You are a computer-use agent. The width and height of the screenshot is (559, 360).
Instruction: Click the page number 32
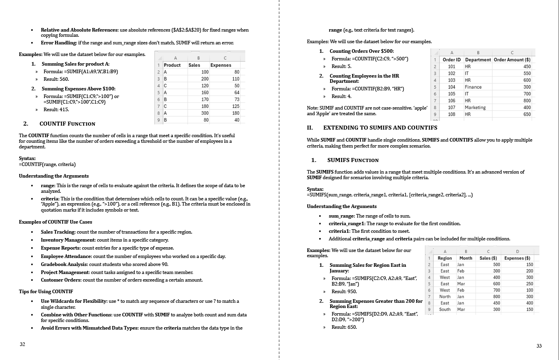pos(22,344)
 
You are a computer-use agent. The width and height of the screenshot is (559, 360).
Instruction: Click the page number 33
pos(539,346)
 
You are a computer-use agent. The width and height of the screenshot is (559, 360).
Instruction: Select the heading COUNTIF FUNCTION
pos(67,124)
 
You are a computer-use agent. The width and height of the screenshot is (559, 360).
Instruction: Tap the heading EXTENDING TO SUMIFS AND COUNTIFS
pos(380,128)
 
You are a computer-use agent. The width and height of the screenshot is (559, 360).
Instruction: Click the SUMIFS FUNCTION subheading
pos(353,160)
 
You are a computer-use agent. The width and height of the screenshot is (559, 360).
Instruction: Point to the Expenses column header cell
pos(221,65)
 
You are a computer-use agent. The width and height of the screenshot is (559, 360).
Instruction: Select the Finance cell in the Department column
pos(473,87)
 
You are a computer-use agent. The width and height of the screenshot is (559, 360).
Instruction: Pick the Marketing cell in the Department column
pos(475,108)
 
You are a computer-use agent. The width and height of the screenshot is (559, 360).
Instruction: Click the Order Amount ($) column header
pos(512,60)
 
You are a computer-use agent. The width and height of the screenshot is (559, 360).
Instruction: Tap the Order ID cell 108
pos(451,114)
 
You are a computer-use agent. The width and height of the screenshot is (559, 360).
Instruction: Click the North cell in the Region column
pos(445,297)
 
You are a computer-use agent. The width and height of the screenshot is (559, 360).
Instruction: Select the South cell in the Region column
pos(445,310)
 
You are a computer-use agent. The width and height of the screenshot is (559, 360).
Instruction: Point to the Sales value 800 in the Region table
pos(496,297)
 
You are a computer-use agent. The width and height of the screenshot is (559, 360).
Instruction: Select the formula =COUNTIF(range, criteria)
pos(47,164)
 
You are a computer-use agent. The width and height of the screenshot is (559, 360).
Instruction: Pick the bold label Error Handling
pos(58,43)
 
